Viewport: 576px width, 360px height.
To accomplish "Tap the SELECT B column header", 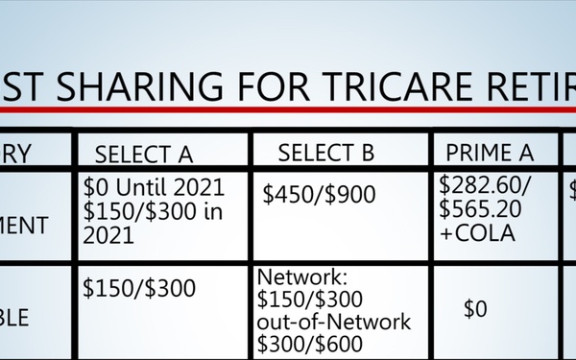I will [x=325, y=153].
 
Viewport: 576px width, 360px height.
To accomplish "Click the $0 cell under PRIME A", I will [x=476, y=309].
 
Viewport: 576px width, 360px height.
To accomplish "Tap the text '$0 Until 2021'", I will [x=154, y=185].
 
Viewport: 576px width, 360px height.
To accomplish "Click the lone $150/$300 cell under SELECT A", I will [x=138, y=287].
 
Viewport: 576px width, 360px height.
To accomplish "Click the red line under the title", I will [x=288, y=109].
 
